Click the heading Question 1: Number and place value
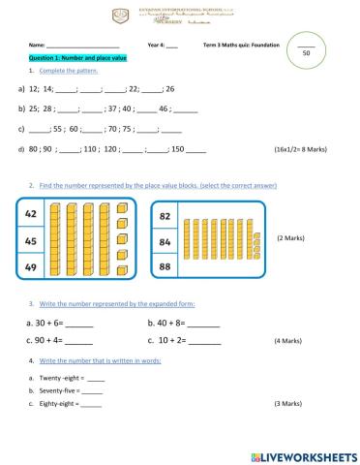click(75, 58)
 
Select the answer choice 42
click(30, 214)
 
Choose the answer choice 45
click(30, 240)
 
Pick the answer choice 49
click(30, 266)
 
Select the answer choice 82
click(166, 215)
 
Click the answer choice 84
click(166, 240)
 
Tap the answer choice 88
click(166, 266)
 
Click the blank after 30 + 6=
click(80, 324)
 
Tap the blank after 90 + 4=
click(79, 341)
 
